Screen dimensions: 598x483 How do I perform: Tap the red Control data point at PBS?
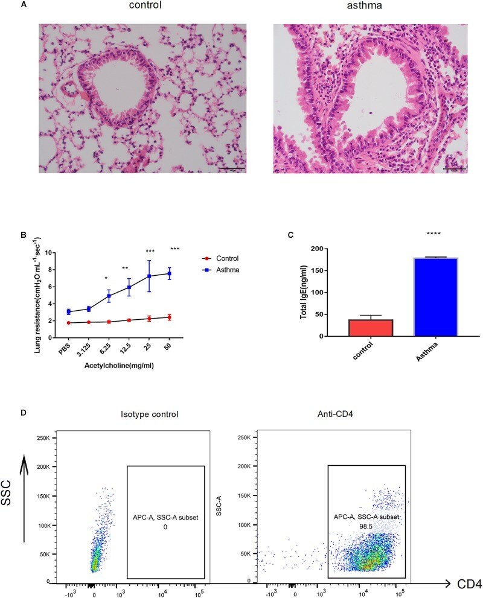click(69, 323)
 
